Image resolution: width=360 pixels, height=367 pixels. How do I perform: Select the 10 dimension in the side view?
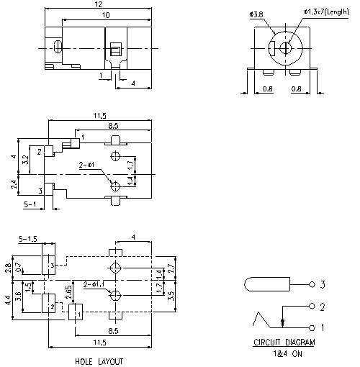pyautogui.click(x=106, y=15)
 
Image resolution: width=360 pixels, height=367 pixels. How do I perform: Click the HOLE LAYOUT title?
pyautogui.click(x=99, y=361)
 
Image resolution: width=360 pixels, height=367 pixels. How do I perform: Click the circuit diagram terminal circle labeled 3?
pyautogui.click(x=312, y=284)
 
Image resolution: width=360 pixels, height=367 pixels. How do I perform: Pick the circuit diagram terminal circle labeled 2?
pyautogui.click(x=312, y=308)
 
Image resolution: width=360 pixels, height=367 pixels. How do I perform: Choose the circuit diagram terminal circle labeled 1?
pyautogui.click(x=312, y=327)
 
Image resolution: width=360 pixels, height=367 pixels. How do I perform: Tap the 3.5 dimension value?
pyautogui.click(x=171, y=294)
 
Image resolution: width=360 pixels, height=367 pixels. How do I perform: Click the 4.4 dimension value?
pyautogui.click(x=9, y=299)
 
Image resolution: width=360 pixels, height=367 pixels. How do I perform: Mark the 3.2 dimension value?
pyautogui.click(x=27, y=159)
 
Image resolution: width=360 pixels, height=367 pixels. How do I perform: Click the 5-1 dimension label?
pyautogui.click(x=31, y=205)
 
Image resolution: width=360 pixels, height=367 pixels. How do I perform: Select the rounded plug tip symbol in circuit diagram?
pyautogui.click(x=260, y=284)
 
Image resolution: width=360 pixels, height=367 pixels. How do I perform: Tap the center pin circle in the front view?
pyautogui.click(x=286, y=49)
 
